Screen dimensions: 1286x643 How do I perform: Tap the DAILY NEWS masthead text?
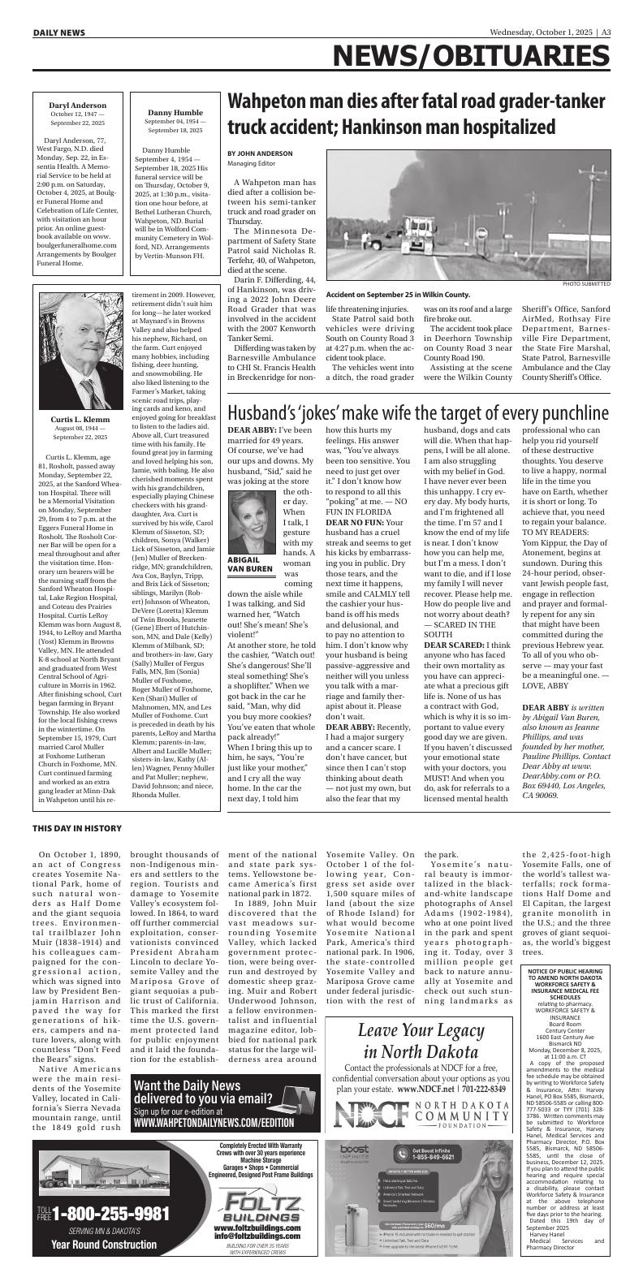(x=59, y=32)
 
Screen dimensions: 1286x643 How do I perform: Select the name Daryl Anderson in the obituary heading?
(x=77, y=106)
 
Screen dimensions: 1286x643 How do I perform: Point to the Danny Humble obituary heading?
(x=175, y=113)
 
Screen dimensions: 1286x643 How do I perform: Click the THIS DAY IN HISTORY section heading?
(x=77, y=828)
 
